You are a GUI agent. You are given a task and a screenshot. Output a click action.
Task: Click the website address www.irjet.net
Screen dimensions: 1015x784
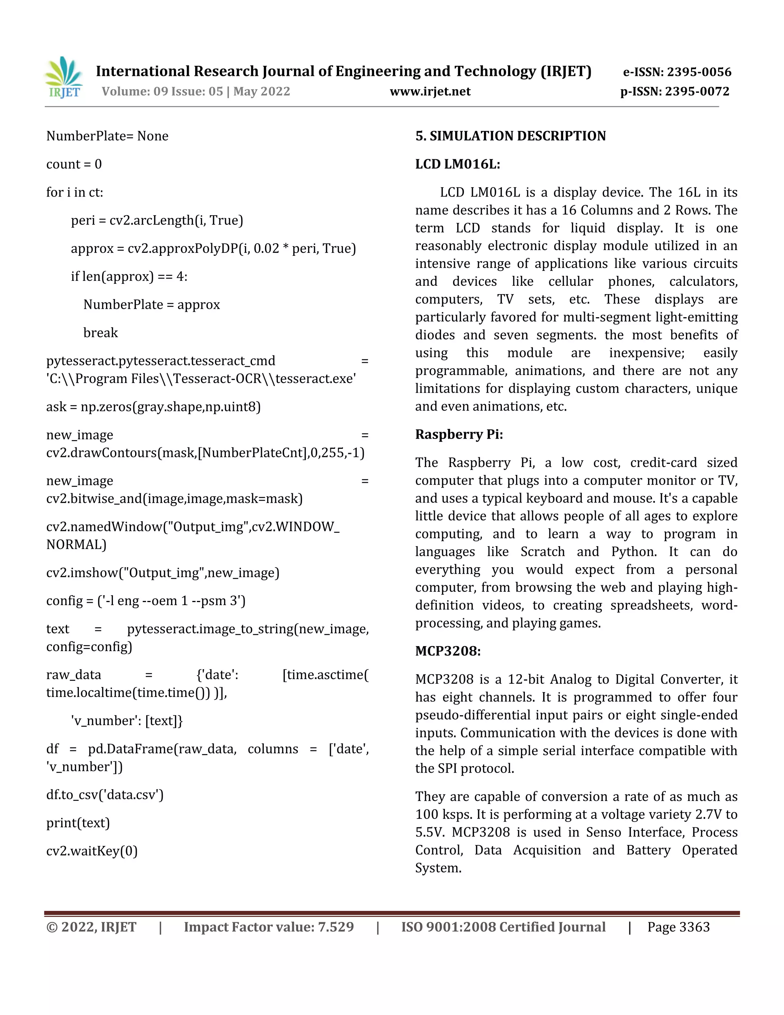(430, 92)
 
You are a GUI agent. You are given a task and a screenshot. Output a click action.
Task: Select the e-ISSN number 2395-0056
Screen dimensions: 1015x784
(699, 72)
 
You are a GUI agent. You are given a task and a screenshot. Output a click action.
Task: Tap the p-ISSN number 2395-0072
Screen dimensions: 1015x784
(697, 92)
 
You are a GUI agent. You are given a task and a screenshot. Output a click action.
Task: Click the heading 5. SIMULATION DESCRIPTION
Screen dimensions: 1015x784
(510, 136)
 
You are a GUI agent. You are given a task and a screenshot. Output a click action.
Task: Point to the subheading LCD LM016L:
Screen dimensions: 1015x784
(457, 164)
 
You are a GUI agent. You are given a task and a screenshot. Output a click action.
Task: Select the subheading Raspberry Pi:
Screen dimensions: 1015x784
(459, 435)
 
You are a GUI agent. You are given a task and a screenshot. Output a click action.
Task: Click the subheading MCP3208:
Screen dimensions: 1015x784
(448, 651)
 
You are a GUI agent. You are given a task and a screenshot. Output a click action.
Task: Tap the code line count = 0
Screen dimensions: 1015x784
(74, 164)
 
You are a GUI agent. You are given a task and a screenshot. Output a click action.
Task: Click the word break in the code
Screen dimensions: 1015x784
(100, 333)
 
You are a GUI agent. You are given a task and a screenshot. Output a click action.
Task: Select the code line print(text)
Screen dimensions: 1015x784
(78, 823)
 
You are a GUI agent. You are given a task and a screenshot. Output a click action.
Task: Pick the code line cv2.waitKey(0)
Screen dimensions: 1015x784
(92, 851)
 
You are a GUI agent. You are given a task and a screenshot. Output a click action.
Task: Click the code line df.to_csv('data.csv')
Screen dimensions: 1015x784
(105, 795)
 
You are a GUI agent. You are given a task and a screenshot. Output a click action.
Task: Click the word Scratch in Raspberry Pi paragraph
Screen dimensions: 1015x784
(542, 552)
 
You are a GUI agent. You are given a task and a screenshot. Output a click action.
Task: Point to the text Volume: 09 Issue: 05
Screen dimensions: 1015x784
(163, 92)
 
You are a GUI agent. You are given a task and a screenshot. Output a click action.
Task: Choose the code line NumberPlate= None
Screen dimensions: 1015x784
(107, 136)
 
